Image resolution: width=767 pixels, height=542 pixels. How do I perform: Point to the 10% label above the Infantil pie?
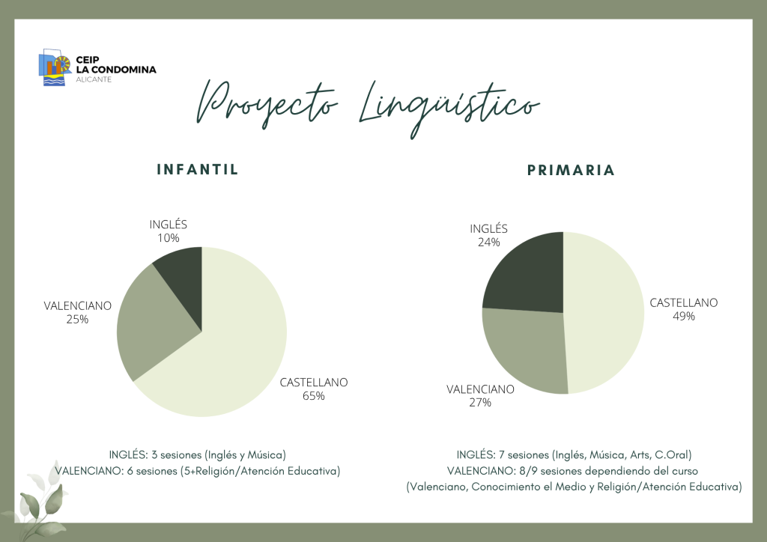tap(169, 238)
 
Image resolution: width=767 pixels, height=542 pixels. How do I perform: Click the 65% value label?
tap(314, 396)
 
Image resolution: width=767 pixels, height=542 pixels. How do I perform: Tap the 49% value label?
tap(684, 316)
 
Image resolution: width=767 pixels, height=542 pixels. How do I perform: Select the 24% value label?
tap(488, 242)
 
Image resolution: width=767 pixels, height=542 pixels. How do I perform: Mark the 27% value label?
tap(480, 402)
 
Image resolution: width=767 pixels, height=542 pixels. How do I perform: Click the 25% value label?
tap(78, 319)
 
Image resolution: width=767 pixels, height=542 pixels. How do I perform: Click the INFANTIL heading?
tap(198, 170)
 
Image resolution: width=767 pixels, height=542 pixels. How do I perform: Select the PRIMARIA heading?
tap(571, 170)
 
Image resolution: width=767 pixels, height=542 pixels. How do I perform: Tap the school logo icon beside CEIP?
tap(55, 67)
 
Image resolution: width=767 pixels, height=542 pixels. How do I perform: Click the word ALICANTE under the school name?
tap(94, 79)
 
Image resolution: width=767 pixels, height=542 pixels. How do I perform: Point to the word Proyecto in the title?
tap(267, 105)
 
